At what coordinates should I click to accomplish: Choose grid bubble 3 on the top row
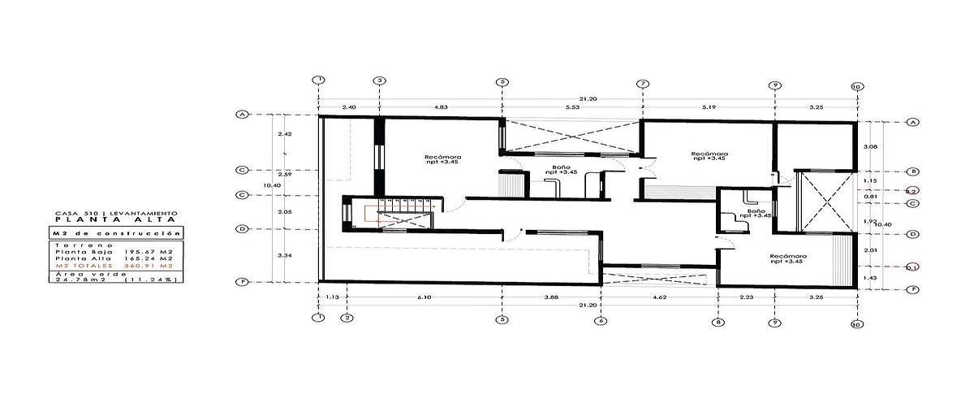point(379,81)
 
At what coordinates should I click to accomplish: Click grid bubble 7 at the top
point(643,84)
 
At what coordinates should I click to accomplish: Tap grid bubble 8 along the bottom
point(718,322)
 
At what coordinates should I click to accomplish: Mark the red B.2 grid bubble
point(912,190)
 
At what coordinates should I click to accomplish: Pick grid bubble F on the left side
point(241,283)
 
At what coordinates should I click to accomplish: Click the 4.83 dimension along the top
point(440,107)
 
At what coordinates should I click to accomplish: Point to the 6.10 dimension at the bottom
point(425,297)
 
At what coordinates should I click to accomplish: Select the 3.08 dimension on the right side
point(870,146)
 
